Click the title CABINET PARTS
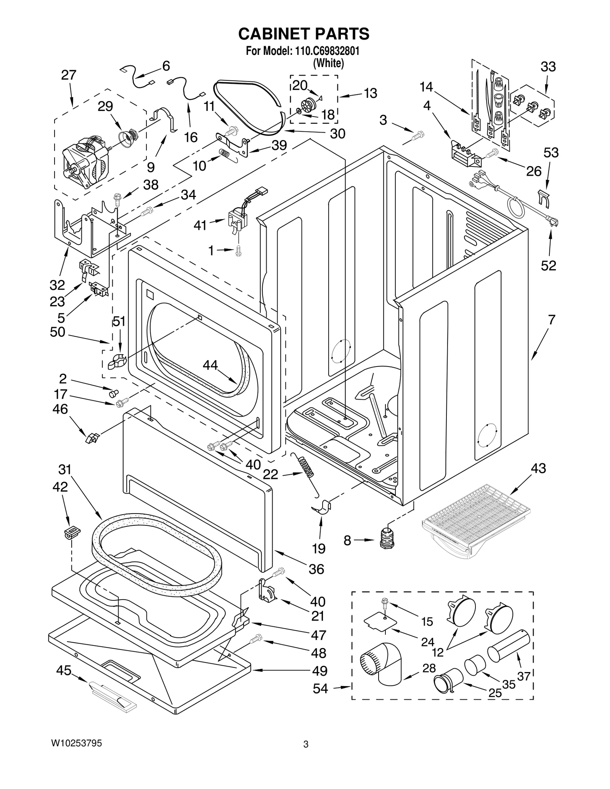[304, 34]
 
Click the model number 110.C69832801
[327, 51]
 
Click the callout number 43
[538, 468]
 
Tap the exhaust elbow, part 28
[381, 664]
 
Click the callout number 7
[551, 319]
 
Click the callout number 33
[548, 67]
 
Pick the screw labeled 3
[418, 136]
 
